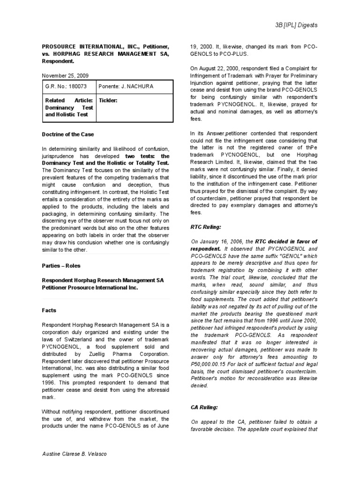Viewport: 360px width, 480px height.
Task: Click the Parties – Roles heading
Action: pyautogui.click(x=61, y=266)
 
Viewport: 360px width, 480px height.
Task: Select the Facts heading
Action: pyautogui.click(x=49, y=310)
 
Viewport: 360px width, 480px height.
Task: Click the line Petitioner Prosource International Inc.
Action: pyautogui.click(x=90, y=288)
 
